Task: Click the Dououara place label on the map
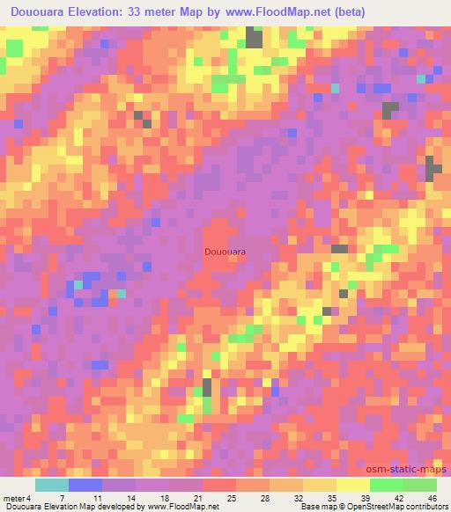[x=225, y=252]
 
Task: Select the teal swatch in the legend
[x=51, y=485]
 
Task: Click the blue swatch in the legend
[x=85, y=485]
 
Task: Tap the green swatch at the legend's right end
[x=419, y=485]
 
